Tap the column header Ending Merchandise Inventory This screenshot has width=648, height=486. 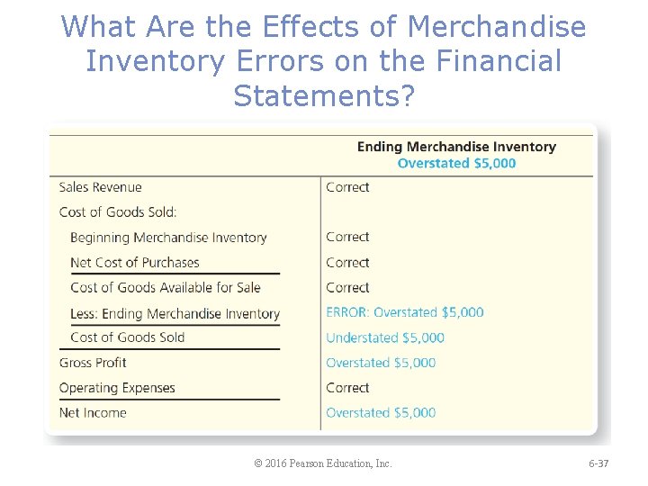456,147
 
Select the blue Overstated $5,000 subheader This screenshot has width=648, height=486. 456,163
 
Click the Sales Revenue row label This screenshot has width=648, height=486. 100,187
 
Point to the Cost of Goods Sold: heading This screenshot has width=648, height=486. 118,212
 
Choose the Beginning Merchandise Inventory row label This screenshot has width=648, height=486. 168,238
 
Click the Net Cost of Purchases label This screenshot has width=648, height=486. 135,263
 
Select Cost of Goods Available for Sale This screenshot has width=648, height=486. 166,288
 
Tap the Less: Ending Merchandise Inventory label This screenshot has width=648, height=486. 175,313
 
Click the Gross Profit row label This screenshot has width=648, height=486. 93,363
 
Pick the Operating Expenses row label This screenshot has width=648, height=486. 117,388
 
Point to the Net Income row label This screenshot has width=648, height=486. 93,413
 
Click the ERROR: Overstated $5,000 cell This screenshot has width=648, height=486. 405,312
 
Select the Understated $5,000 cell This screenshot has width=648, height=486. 385,337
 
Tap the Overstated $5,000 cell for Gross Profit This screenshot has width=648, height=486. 381,363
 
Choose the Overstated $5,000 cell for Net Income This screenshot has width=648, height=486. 381,413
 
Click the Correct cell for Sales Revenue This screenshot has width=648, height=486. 347,187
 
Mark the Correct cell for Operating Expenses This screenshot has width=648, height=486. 347,388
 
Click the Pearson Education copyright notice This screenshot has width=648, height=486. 323,463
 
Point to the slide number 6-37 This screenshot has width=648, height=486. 598,463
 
